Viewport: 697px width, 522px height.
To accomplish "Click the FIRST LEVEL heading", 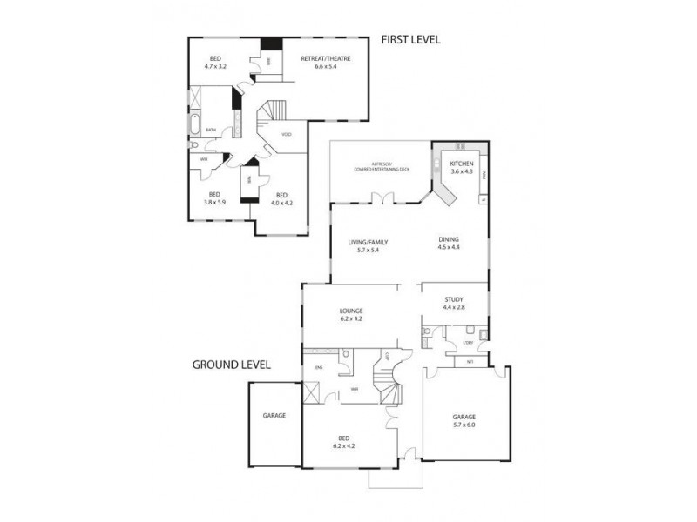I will point(410,39).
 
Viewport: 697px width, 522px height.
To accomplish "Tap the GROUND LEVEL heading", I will point(231,365).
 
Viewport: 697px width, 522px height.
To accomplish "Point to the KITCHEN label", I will point(461,164).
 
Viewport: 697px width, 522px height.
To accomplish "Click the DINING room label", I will point(449,240).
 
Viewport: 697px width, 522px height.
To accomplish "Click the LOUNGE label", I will point(352,311).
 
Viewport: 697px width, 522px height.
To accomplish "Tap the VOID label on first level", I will point(287,135).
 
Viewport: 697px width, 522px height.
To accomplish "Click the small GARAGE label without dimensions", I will point(274,416).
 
